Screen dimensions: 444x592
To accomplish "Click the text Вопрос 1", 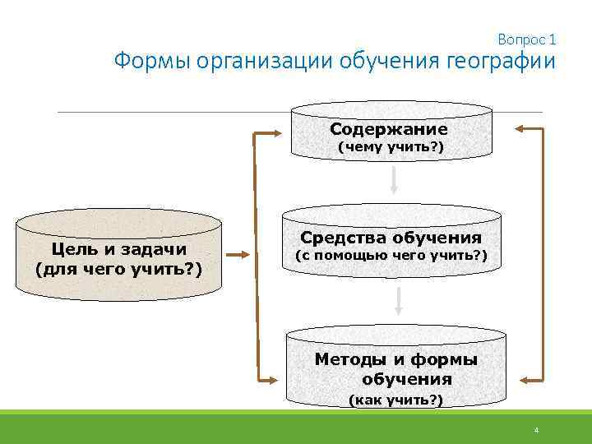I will tap(527, 39).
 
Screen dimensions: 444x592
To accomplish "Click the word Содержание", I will tap(388, 129).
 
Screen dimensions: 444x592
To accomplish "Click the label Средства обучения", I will tap(391, 238).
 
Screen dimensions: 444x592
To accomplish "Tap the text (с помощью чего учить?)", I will tap(391, 256).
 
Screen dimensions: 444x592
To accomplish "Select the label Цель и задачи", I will tap(118, 248).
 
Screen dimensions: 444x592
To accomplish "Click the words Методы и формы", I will tap(396, 359).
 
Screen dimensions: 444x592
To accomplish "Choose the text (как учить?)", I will tap(395, 400).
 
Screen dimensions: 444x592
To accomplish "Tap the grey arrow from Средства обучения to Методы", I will tap(397, 302).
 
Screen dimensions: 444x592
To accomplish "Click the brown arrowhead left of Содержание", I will tap(275, 132).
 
